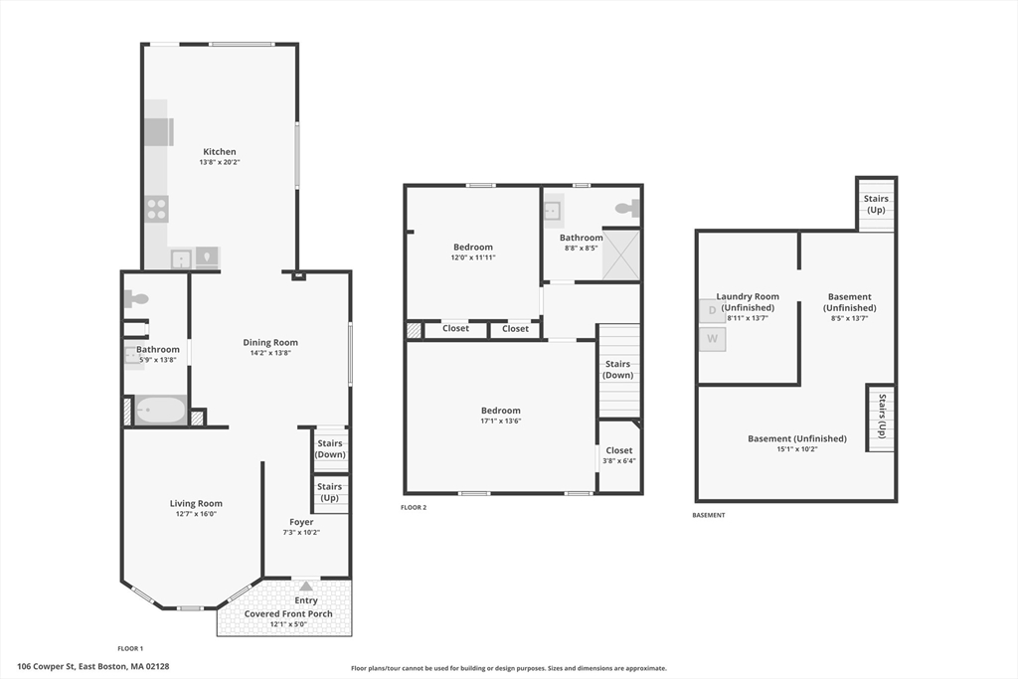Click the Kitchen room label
tap(220, 151)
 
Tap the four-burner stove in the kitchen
tap(156, 209)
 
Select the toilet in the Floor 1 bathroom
tap(136, 298)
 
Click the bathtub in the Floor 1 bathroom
tap(160, 411)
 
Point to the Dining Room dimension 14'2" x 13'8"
tap(270, 353)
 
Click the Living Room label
tap(196, 503)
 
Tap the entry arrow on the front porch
tap(306, 587)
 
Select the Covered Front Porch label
tap(288, 613)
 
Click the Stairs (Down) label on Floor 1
tap(330, 448)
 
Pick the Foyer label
tap(301, 522)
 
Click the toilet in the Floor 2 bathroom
tap(628, 209)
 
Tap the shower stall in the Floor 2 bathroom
tap(621, 255)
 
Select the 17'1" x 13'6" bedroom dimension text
tap(501, 421)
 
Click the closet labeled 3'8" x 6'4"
tap(618, 455)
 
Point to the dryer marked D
tap(712, 310)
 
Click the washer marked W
tap(712, 339)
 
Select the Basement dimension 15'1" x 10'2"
tap(796, 448)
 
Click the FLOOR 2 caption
tap(414, 508)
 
